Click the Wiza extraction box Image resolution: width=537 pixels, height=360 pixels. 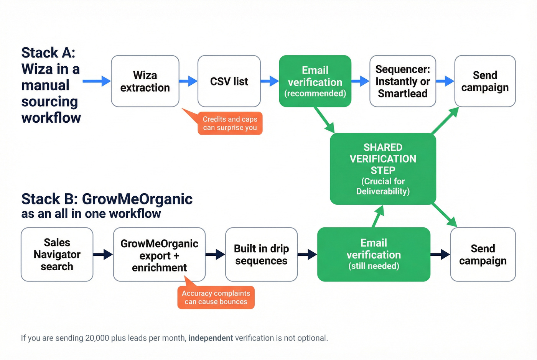coord(145,81)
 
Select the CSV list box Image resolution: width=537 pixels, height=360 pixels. coord(229,81)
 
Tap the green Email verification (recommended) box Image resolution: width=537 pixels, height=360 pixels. coord(315,81)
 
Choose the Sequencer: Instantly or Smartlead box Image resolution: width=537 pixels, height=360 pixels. coord(402,81)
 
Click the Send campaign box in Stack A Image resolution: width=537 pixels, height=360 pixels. coord(485,81)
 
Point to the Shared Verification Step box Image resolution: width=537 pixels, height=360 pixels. coord(383,169)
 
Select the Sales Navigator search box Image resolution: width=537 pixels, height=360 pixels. coord(57,255)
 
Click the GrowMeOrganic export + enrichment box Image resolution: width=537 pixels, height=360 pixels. coord(159,255)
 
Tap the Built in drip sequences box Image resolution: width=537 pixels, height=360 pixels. coord(261,255)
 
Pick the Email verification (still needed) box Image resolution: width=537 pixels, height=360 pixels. coord(374,255)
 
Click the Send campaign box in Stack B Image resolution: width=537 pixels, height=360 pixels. coord(483,255)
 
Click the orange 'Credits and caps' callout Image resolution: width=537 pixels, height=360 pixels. coord(230,123)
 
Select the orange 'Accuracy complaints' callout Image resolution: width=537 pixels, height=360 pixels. coord(216,298)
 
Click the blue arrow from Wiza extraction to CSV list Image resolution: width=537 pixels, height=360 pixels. coord(188,81)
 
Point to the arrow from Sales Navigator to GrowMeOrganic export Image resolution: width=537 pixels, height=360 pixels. coord(103,254)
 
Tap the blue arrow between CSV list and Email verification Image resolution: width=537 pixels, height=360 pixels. coord(270,81)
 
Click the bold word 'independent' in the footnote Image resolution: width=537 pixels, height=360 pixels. coord(211,338)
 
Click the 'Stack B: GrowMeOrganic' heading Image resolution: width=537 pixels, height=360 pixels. coord(107,199)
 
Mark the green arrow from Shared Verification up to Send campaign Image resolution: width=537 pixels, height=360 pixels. coord(445,121)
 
